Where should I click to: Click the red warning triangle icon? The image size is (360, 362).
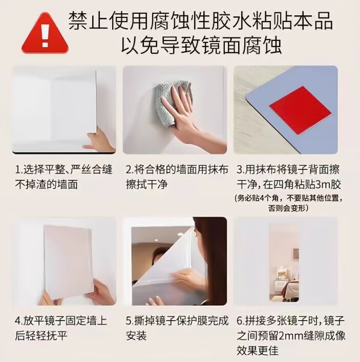pyautogui.click(x=45, y=33)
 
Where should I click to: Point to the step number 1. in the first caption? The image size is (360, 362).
pyautogui.click(x=19, y=170)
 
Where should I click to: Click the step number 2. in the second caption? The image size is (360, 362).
pyautogui.click(x=130, y=170)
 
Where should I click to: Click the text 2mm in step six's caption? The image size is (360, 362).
pyautogui.click(x=291, y=336)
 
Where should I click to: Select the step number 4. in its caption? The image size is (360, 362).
pyautogui.click(x=19, y=321)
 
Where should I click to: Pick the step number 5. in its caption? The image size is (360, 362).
pyautogui.click(x=130, y=321)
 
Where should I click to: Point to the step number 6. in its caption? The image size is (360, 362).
pyautogui.click(x=241, y=321)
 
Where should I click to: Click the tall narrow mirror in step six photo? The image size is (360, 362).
pyautogui.click(x=284, y=263)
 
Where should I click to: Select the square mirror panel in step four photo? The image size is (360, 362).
pyautogui.click(x=69, y=263)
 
